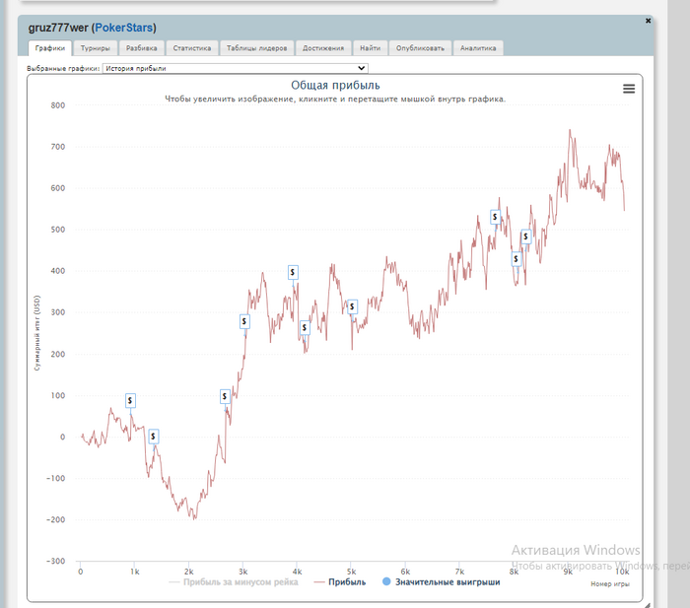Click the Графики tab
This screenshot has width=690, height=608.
point(49,47)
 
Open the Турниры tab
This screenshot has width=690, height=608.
point(96,47)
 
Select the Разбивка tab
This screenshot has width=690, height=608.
point(141,47)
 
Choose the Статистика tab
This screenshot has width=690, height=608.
point(191,47)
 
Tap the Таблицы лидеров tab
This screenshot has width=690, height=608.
point(256,47)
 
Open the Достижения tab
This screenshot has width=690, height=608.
point(323,47)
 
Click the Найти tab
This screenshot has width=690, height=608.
point(370,47)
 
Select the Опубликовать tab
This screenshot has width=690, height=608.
point(421,47)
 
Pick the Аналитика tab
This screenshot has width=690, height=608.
point(478,47)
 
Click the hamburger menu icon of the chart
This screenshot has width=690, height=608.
point(629,89)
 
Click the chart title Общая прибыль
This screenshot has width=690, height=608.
point(335,86)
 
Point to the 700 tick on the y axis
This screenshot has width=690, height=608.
point(57,147)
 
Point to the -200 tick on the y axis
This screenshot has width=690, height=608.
point(55,520)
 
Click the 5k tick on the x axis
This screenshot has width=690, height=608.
point(568,571)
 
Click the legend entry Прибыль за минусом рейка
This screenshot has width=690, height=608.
point(234,582)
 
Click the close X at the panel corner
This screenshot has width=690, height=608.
point(648,20)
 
